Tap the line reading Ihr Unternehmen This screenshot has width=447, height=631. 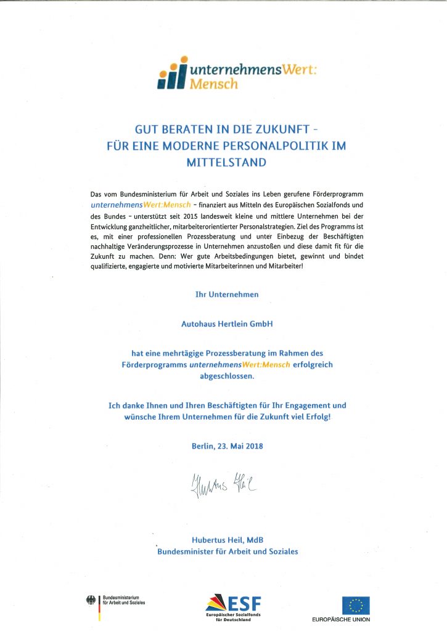(227, 295)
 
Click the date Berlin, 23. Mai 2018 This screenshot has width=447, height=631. (227, 445)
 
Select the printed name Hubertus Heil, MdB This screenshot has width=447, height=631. (228, 540)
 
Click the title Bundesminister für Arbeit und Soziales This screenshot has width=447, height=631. (228, 552)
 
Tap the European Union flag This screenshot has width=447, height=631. (356, 605)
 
